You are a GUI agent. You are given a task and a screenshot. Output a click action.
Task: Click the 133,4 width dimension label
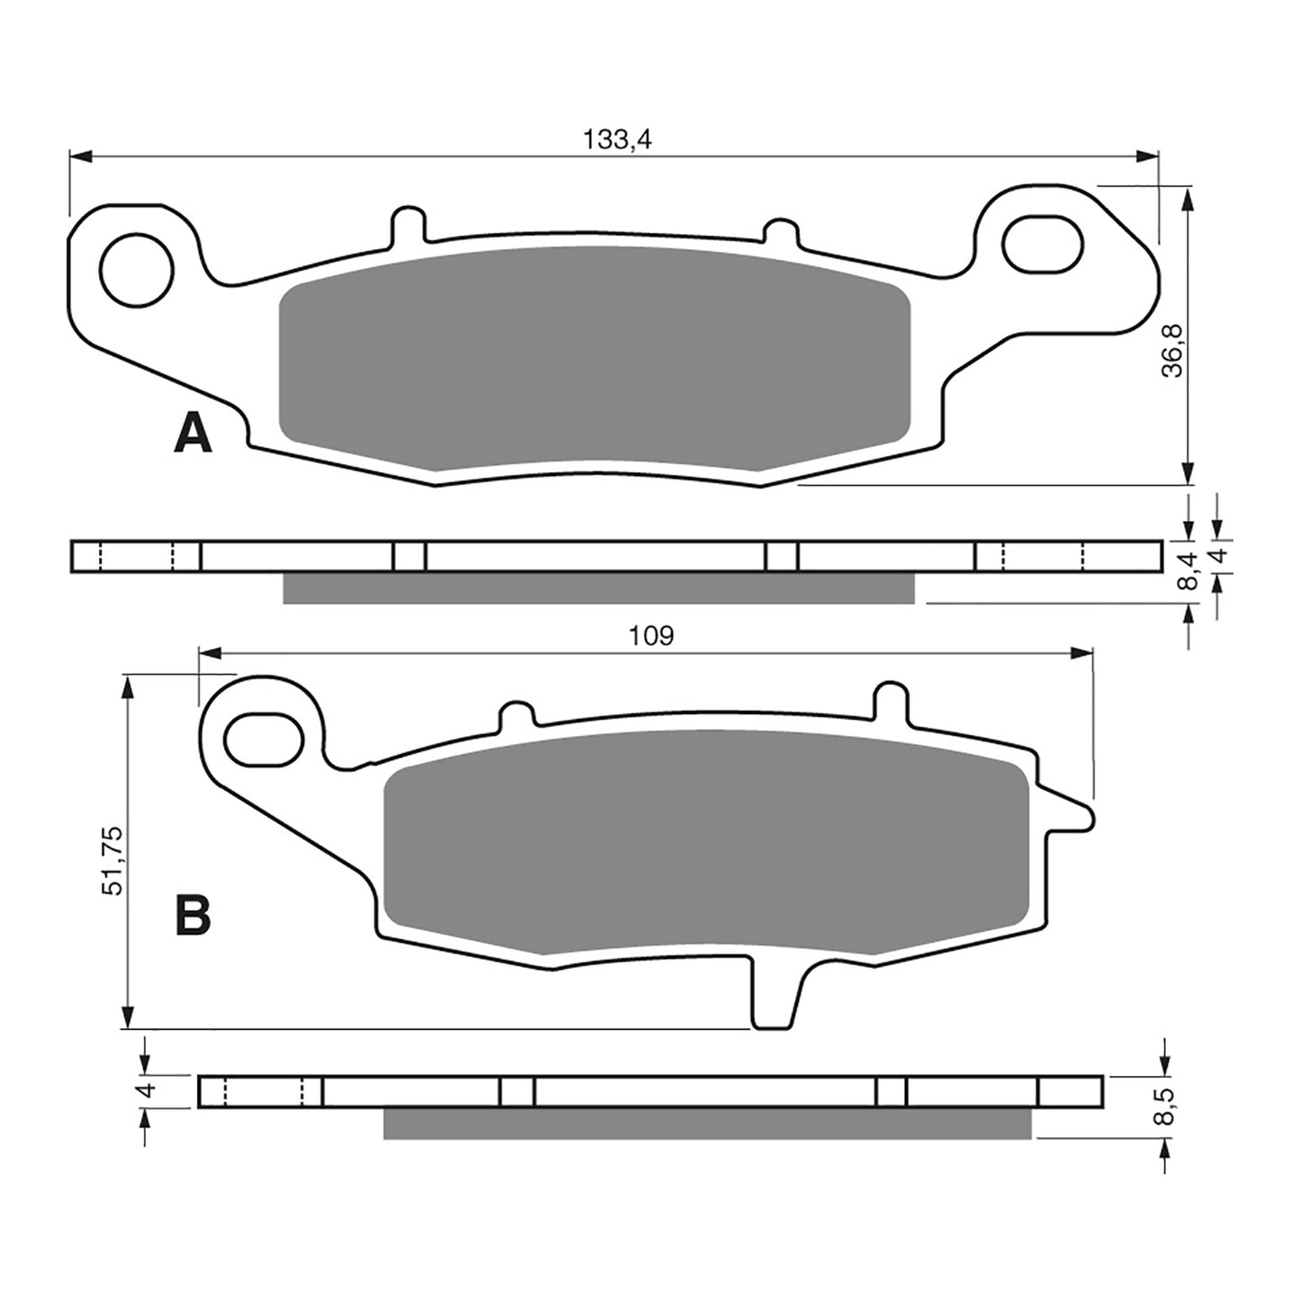click(616, 139)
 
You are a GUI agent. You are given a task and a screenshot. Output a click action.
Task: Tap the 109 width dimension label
click(651, 636)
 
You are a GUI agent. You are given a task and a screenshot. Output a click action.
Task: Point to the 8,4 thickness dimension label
click(1189, 571)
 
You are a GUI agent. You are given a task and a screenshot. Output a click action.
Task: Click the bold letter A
click(193, 435)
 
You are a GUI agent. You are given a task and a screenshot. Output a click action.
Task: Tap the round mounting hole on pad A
click(137, 269)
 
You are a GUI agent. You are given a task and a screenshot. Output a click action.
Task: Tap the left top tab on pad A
click(408, 225)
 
